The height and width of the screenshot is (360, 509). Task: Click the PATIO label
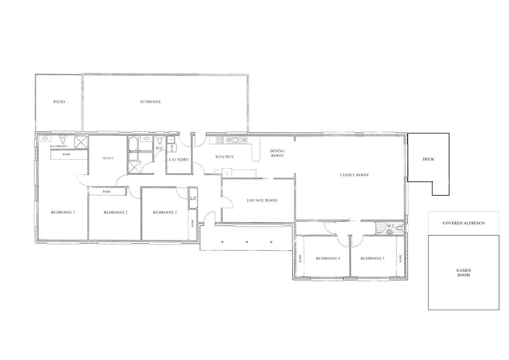point(59,102)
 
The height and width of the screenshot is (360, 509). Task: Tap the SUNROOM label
point(150,102)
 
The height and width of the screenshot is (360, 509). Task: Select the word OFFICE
point(108,158)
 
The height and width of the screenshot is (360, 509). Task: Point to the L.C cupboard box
point(193,199)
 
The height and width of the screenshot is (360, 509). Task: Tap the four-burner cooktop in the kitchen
point(220,140)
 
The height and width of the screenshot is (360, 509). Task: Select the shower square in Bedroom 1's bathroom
point(80,141)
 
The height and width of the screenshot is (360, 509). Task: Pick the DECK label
point(428,159)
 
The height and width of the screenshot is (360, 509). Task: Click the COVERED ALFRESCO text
point(463,223)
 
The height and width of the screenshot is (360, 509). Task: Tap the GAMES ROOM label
point(463,273)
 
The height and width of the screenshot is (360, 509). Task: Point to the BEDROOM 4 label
point(328,258)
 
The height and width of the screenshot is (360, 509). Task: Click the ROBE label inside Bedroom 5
point(400,258)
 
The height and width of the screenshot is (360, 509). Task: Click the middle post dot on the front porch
point(247,242)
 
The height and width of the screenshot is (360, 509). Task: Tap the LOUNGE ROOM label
point(262,200)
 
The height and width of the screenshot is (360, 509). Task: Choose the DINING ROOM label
point(277,153)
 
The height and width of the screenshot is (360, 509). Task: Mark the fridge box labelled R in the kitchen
point(227,173)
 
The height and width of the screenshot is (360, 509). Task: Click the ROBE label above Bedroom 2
point(107,192)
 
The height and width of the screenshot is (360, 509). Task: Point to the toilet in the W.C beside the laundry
point(159,140)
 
